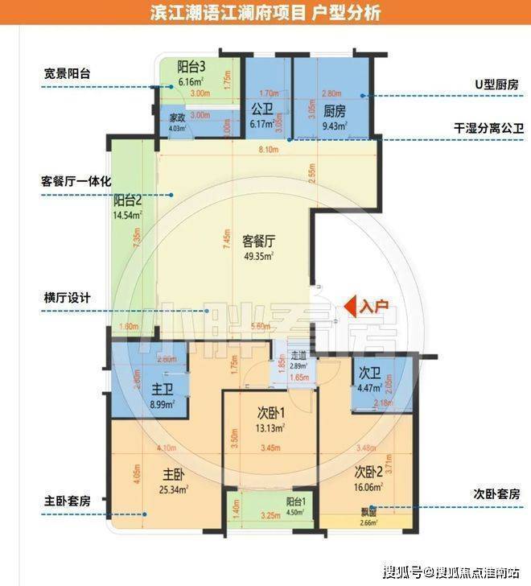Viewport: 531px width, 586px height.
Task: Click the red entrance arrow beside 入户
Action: (350, 306)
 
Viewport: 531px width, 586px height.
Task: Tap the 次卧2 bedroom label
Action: (368, 471)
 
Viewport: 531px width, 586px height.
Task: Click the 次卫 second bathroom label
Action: (369, 373)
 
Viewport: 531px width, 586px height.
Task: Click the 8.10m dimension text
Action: (269, 150)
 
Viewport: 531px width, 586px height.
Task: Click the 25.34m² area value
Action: (171, 489)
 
